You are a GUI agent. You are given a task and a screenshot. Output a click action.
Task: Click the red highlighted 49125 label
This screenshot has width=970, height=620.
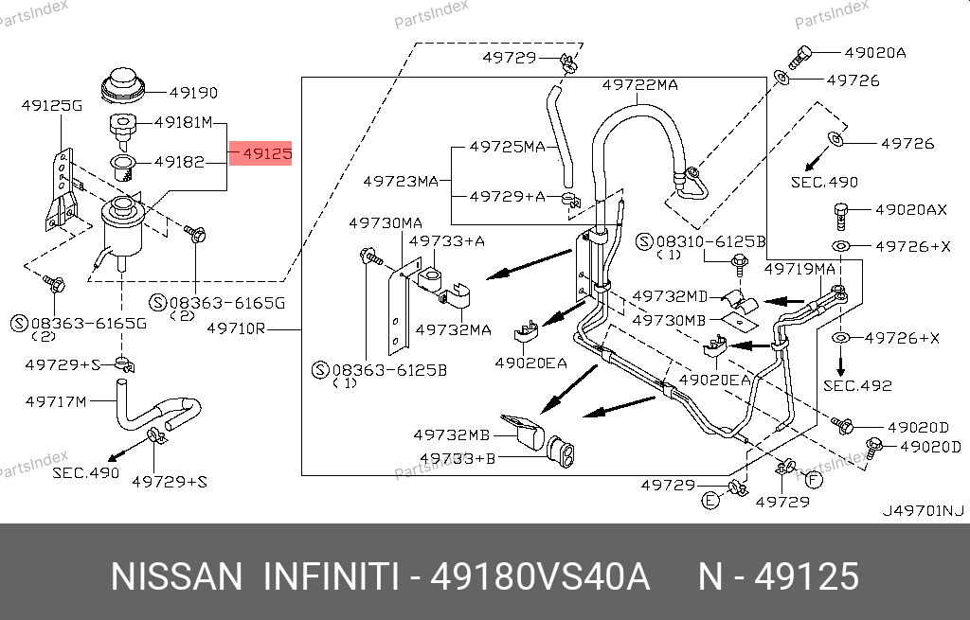(260, 152)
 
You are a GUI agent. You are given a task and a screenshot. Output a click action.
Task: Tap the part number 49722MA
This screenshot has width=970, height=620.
(640, 85)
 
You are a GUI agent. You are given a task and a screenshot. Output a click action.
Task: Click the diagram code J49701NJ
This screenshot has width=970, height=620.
(923, 511)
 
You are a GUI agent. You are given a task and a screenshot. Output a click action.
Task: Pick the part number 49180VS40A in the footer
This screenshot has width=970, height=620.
(540, 576)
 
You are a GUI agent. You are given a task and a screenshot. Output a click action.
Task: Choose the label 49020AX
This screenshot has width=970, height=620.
(910, 209)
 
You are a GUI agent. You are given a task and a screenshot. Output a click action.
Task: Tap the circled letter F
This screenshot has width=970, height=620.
(814, 478)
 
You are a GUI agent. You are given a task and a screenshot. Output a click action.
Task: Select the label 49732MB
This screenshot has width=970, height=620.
(452, 435)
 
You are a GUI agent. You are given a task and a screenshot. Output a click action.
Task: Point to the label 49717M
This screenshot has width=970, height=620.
(56, 401)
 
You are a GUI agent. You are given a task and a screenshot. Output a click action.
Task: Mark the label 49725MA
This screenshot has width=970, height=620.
(508, 147)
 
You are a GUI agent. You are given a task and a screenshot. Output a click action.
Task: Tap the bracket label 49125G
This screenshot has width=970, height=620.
(52, 106)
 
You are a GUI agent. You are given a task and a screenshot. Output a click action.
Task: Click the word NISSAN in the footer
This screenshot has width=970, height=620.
(177, 576)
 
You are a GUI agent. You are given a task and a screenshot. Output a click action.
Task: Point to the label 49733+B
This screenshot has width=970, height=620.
(458, 459)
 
